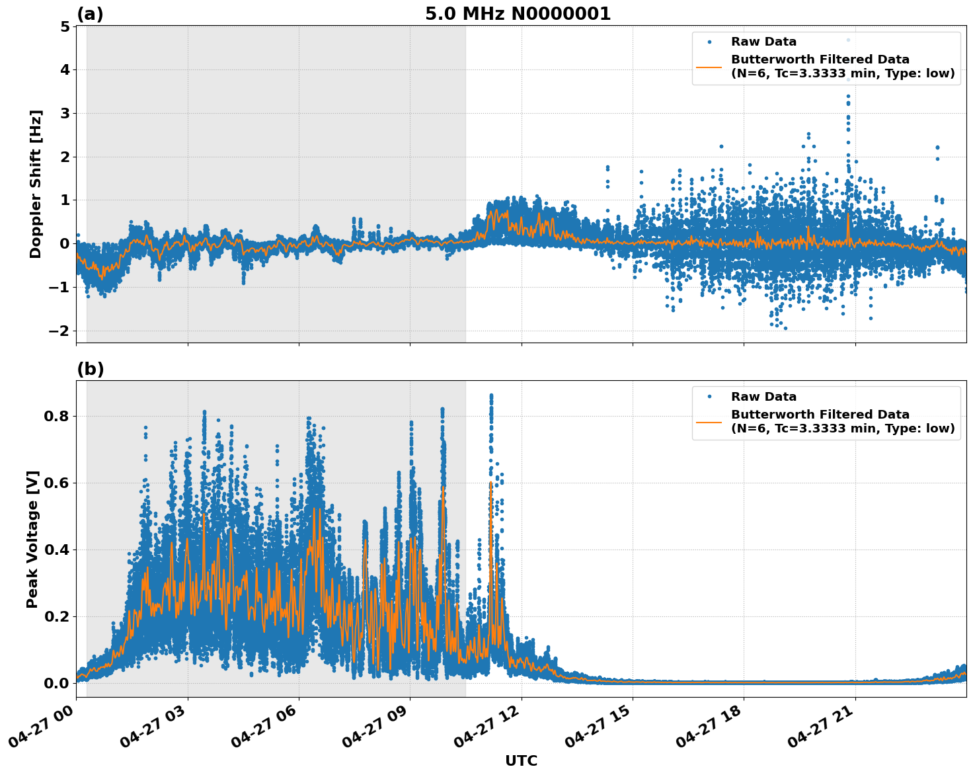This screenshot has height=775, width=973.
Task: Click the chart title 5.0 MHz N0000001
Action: (518, 14)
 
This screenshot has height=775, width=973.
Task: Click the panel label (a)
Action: (90, 14)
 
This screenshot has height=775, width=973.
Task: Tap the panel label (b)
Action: (90, 369)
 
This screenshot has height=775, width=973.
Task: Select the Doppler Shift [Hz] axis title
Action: (36, 184)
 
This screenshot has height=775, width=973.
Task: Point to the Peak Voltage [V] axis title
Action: (33, 539)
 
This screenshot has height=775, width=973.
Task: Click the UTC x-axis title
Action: (521, 760)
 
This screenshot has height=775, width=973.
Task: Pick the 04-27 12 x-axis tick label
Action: (487, 726)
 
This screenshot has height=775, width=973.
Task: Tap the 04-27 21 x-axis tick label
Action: (821, 726)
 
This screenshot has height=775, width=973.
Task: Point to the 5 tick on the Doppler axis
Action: (65, 26)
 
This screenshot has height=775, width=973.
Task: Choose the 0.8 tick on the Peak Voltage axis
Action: (57, 417)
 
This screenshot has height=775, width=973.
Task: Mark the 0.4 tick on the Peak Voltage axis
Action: (57, 550)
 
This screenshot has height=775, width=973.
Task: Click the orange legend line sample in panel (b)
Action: (709, 421)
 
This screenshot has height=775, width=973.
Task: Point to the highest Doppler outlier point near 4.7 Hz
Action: (848, 40)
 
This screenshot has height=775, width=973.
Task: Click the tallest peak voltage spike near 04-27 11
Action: (491, 395)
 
